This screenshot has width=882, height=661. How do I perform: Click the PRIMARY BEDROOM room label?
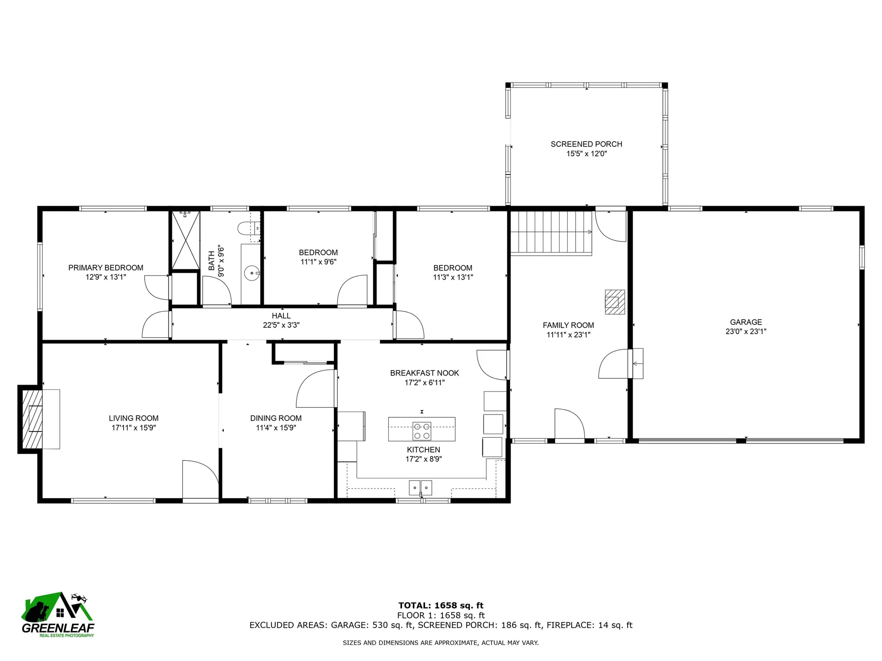(x=106, y=268)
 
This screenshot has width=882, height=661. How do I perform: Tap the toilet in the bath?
(x=247, y=228)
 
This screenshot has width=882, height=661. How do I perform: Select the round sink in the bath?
(x=252, y=273)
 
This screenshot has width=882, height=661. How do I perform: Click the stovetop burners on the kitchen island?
(x=422, y=431)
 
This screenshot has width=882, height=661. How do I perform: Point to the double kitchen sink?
(x=420, y=487)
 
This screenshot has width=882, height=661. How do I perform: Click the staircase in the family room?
(x=551, y=232)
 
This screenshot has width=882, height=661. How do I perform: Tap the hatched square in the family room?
(x=615, y=302)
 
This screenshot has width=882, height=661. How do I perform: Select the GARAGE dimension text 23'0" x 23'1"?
(x=746, y=331)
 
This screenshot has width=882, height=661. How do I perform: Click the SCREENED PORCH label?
(x=586, y=144)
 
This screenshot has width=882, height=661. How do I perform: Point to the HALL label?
(x=281, y=316)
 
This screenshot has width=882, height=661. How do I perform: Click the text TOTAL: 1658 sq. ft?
(x=441, y=605)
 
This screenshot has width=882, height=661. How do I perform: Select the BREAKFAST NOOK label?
(x=424, y=373)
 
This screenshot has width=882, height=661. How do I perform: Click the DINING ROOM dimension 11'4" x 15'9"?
(x=276, y=428)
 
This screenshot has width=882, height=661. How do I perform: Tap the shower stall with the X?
(x=186, y=240)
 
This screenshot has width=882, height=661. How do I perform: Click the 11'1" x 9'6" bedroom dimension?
(x=318, y=262)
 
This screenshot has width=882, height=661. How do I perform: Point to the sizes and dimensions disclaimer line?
(x=441, y=643)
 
